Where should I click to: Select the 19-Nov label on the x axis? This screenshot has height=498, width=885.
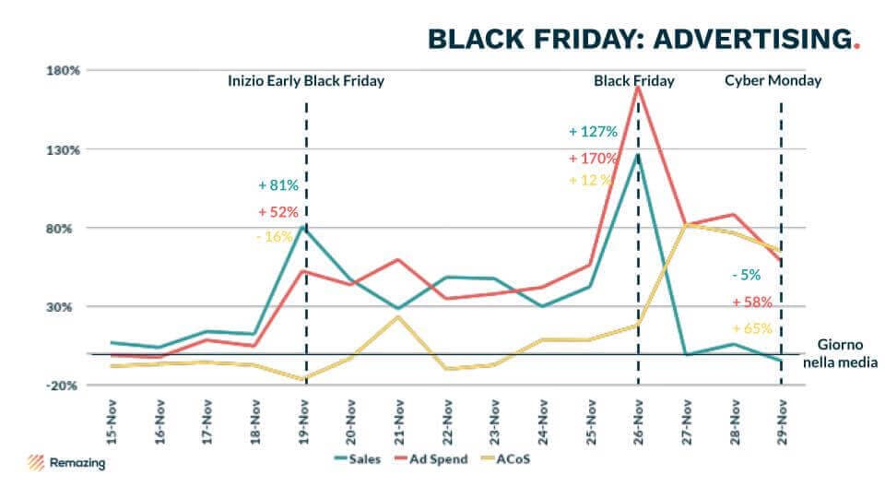tap(304, 421)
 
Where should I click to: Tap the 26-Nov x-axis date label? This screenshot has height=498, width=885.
tap(638, 421)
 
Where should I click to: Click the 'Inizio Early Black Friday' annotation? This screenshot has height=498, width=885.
tap(306, 81)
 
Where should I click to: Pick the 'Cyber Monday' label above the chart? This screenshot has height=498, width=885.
tap(773, 81)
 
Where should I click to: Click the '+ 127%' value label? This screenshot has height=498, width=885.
tap(593, 131)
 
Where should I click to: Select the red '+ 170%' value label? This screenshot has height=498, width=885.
tap(593, 158)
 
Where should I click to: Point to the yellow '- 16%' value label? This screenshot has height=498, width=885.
tap(275, 237)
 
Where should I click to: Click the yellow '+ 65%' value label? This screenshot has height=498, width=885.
tap(751, 328)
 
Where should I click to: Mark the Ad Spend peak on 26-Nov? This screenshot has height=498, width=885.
tap(638, 87)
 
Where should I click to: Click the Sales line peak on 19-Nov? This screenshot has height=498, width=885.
tap(305, 226)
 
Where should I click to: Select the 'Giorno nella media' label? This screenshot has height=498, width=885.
tap(840, 354)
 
